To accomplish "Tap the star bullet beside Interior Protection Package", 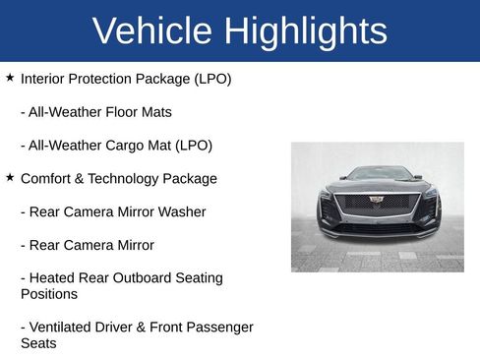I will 10,77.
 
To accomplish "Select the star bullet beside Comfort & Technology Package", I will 10,177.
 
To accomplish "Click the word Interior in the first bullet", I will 44,79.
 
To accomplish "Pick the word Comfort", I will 49,179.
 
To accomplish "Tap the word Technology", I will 131,179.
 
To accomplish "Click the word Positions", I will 49,294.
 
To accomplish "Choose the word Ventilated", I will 63,328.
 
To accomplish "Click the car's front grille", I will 378,205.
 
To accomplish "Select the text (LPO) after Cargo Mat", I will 194,146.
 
